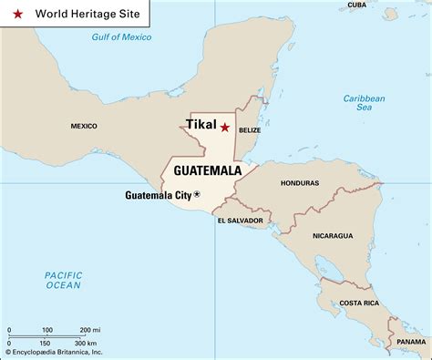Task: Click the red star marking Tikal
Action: (225, 129)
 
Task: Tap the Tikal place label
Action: (201, 126)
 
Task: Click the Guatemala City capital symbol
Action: (197, 194)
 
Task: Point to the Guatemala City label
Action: (158, 195)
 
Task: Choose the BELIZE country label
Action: (250, 130)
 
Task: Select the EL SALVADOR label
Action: (240, 221)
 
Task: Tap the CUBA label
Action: (357, 5)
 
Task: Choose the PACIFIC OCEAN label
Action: (64, 281)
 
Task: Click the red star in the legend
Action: (16, 15)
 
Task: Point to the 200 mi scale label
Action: (89, 329)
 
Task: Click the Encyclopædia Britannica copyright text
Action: (54, 352)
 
